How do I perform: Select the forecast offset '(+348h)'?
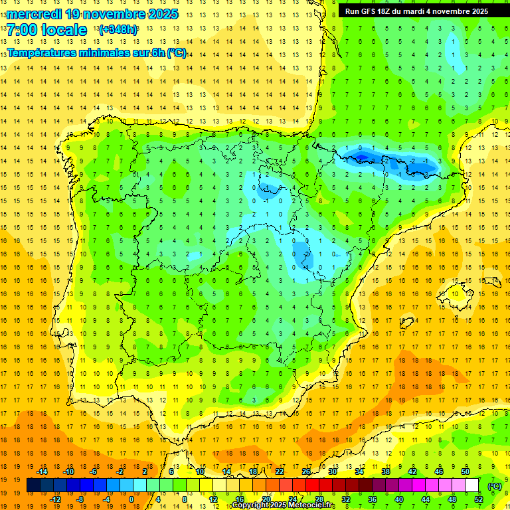click(118, 30)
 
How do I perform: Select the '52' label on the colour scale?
click(478, 499)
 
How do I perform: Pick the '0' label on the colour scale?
click(132, 499)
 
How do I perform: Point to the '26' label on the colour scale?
click(305, 471)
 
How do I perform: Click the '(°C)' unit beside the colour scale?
click(495, 486)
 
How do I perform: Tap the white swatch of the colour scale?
click(471, 485)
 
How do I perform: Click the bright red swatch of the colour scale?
click(313, 485)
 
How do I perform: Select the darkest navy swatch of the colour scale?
click(34, 485)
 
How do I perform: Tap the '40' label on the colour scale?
click(398, 499)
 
